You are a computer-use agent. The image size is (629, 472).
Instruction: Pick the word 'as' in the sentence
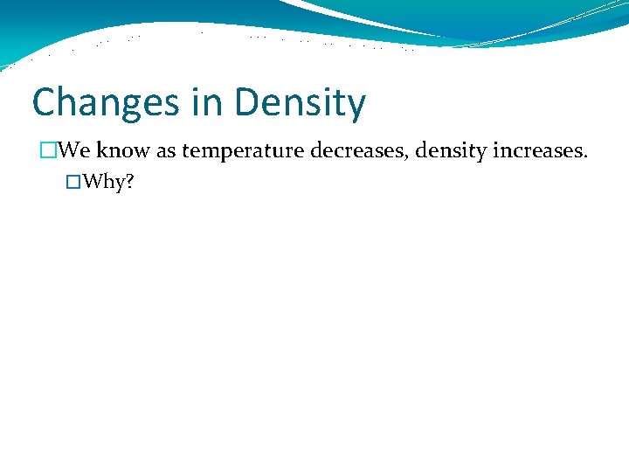pyautogui.click(x=167, y=151)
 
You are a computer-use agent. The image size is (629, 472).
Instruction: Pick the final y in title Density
pyautogui.click(x=356, y=107)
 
